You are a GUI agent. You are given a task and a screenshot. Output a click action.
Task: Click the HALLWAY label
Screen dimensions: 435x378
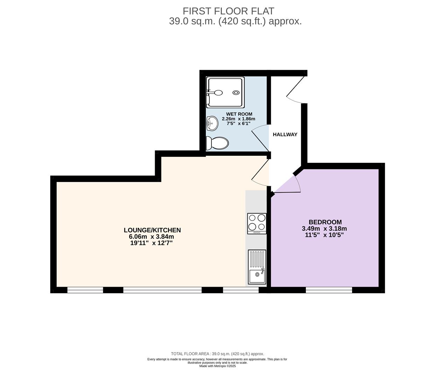click(x=285, y=134)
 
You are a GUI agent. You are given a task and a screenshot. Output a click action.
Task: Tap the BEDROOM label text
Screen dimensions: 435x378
click(x=325, y=222)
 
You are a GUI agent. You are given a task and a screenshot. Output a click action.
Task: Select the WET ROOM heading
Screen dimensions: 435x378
click(x=239, y=114)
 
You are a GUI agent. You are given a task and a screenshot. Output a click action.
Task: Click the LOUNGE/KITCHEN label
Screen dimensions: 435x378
click(x=152, y=230)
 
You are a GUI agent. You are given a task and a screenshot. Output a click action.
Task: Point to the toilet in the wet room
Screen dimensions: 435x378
click(x=217, y=143)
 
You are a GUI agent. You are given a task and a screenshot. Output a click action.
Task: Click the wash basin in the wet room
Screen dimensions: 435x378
click(x=212, y=124)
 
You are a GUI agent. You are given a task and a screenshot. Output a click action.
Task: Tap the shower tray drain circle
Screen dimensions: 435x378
click(x=236, y=92)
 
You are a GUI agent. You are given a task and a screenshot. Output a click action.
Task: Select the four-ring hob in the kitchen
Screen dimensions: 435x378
click(x=257, y=223)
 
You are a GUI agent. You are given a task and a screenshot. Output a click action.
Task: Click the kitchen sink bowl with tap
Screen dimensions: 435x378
click(x=257, y=276)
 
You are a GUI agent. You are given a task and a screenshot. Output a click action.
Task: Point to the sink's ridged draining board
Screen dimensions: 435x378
click(x=257, y=259)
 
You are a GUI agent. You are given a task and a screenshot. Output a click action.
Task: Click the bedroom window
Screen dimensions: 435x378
click(x=329, y=290)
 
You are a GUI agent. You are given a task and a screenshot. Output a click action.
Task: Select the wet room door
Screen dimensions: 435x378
click(x=260, y=141)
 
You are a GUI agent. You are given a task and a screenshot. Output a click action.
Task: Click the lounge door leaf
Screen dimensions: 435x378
click(x=260, y=169)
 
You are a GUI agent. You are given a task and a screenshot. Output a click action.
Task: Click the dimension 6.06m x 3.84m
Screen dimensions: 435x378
click(x=152, y=236)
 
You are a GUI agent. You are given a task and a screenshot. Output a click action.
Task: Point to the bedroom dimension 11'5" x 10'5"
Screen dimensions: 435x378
click(x=324, y=235)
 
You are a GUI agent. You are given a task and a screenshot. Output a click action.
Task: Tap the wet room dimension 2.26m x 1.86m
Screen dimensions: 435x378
click(x=239, y=119)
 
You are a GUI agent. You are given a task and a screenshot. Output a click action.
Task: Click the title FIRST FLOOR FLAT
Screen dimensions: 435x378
click(x=229, y=11)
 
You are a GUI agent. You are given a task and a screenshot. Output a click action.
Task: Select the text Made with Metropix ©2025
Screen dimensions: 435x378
click(x=218, y=366)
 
